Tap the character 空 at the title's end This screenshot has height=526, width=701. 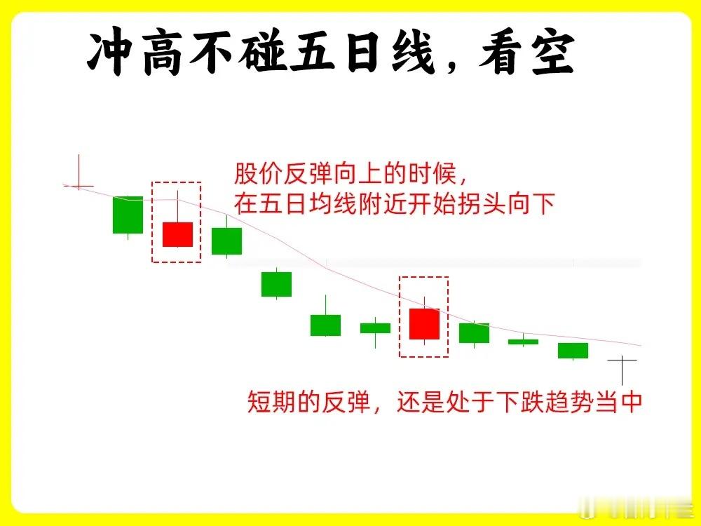tap(553, 53)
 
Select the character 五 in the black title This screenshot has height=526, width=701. tap(312, 53)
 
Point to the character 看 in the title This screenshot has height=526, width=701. tap(501, 53)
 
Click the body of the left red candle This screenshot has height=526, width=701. tap(177, 234)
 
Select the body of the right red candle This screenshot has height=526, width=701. tap(424, 324)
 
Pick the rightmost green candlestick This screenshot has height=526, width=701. tap(573, 351)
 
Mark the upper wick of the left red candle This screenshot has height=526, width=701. tap(177, 207)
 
